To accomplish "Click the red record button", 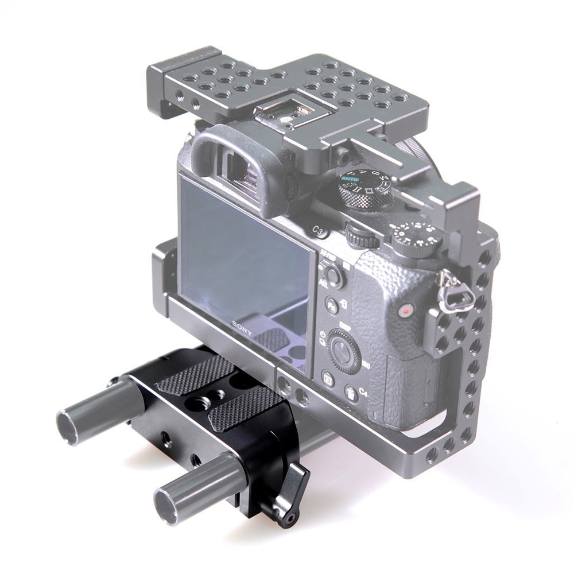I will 406,311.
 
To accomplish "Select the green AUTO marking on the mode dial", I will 349,179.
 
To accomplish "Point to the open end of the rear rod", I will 68,425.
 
